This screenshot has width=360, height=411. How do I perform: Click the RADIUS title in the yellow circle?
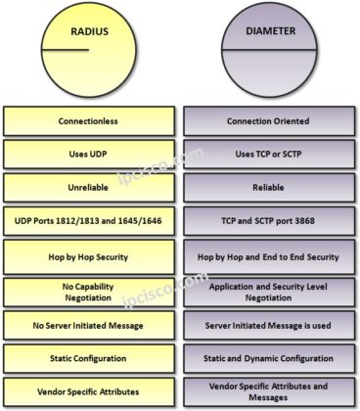89,31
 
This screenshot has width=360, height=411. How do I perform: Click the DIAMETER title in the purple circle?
269,31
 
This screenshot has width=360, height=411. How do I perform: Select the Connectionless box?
89,121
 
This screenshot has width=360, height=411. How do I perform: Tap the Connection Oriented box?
269,121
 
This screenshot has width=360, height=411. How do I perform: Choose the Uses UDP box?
89,154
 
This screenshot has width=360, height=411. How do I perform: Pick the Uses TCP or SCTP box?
269,154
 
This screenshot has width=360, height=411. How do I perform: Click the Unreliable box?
89,187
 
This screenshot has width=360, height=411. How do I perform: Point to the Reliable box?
269,187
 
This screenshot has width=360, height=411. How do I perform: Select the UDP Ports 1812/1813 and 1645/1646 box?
89,220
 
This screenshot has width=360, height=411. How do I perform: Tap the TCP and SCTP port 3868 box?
269,220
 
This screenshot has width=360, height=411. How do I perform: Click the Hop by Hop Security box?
89,256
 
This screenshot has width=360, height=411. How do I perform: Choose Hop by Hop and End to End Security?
269,256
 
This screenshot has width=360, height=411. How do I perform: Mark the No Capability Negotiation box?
89,291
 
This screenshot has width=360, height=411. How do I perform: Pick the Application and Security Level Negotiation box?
269,291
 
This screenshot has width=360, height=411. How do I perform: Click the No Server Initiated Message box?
89,325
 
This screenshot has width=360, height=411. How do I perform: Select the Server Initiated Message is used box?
269,325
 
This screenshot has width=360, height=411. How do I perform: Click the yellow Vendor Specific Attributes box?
89,391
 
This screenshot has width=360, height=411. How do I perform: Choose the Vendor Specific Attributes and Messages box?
269,391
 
